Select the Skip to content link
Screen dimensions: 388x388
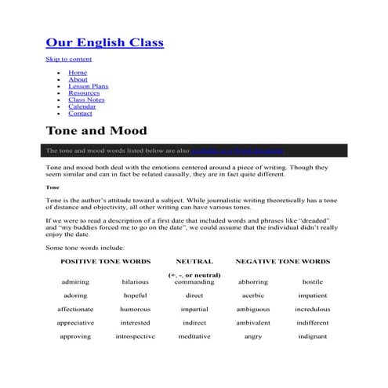pyautogui.click(x=69, y=60)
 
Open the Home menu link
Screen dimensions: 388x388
pyautogui.click(x=78, y=73)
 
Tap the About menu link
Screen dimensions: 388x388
pyautogui.click(x=78, y=79)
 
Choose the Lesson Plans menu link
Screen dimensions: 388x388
pyautogui.click(x=89, y=86)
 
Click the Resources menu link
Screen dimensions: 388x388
pyautogui.click(x=84, y=93)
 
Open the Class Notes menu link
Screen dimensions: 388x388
pyautogui.click(x=86, y=100)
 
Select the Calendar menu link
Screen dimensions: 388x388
pyautogui.click(x=82, y=107)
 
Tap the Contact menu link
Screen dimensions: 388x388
pyautogui.click(x=80, y=114)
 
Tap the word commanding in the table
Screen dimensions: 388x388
pyautogui.click(x=194, y=281)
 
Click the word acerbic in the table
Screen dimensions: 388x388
pyautogui.click(x=253, y=296)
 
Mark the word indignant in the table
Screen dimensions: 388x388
pyautogui.click(x=312, y=336)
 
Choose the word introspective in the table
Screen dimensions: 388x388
pyautogui.click(x=135, y=336)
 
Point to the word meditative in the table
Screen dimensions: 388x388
pyautogui.click(x=194, y=336)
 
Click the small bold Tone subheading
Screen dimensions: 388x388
pyautogui.click(x=53, y=188)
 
